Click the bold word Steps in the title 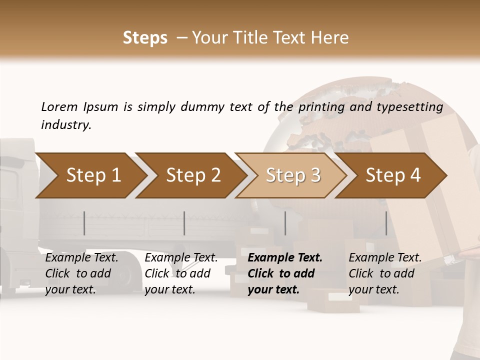[145, 38]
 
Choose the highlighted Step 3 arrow [293, 175]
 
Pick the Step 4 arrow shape [393, 175]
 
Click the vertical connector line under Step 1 [84, 223]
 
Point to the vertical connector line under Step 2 [184, 223]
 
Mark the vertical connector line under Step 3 [285, 223]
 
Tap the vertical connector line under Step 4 [386, 223]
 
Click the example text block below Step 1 [81, 273]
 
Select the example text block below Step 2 [181, 273]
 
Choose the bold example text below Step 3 [284, 273]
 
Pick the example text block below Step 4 [385, 273]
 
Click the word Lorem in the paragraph [59, 106]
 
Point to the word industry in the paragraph [66, 125]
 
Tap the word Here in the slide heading [329, 38]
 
